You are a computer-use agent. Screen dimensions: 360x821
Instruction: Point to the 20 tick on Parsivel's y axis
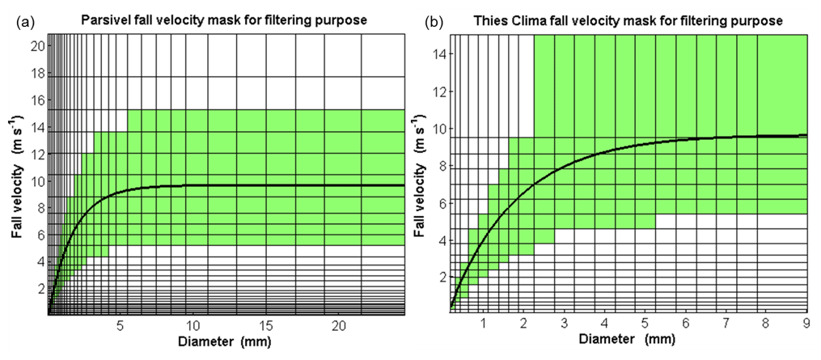[37, 45]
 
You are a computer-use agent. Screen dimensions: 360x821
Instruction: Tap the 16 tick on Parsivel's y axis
[37, 100]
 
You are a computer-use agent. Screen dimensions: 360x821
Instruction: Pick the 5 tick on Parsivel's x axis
[121, 326]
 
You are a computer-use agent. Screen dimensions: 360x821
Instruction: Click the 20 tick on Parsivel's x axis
[340, 326]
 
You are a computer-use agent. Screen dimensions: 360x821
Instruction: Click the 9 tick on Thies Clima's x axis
[806, 324]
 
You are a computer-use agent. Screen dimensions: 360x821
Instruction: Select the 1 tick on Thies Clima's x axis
[484, 324]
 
